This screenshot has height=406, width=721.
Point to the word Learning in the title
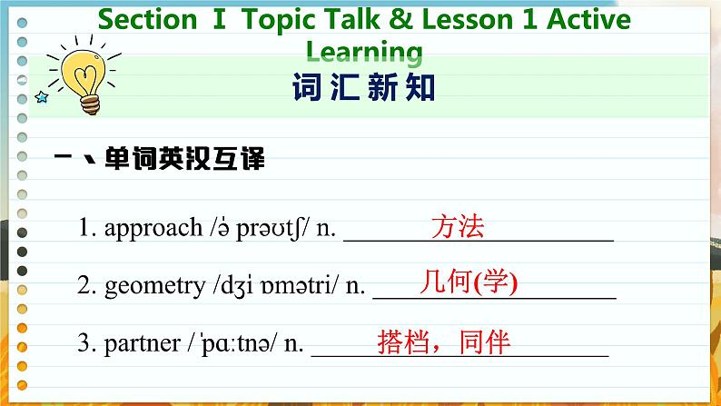point(364,51)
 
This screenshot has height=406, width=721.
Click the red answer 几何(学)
point(469,282)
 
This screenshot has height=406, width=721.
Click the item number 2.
point(85,287)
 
